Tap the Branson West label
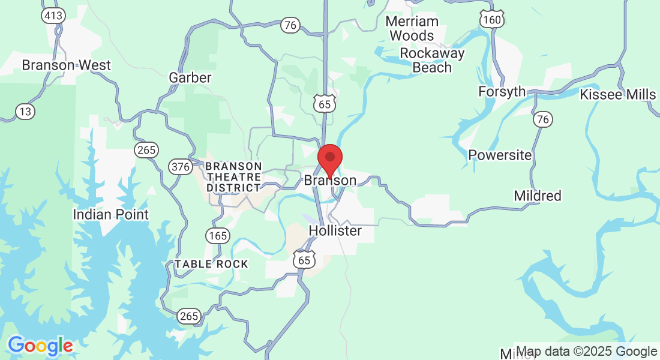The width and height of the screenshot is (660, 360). coord(67,65)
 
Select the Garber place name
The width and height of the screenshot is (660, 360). coord(190,77)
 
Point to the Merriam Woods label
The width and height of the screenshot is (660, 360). coord(412,28)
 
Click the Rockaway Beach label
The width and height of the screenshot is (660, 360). coord(432,60)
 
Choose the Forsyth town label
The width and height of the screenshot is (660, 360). coord(502,92)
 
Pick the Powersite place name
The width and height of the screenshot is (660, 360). coord(500,155)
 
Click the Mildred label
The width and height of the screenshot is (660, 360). coord(538,196)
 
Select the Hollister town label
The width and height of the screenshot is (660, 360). coord(335,230)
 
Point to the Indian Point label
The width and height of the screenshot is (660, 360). coord(110,214)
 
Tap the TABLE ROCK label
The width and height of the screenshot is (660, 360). coord(211,264)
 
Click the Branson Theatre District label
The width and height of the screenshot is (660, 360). coord(234,176)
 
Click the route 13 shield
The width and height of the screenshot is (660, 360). coord(25,111)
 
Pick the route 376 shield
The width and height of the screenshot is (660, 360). coord(181,166)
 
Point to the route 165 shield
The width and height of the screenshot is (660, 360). coord(217,235)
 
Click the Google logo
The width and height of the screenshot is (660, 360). coord(40,346)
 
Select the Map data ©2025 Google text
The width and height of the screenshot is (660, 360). coord(587,352)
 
